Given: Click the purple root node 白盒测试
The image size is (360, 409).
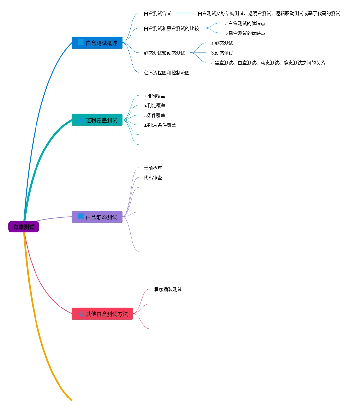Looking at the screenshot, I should tap(24, 227).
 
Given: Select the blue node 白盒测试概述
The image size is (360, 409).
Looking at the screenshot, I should tap(97, 43).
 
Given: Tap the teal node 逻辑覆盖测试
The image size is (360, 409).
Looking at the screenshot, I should tap(97, 120).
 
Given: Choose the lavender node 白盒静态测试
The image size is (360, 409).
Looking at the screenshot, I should tap(97, 217).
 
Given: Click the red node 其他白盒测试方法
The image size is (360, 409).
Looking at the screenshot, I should tap(102, 314).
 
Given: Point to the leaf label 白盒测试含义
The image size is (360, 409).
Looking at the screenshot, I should tap(157, 13).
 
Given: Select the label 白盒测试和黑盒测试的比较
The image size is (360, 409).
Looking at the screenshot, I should tap(171, 28).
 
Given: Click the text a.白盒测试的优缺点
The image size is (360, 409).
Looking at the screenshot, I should tap(245, 23).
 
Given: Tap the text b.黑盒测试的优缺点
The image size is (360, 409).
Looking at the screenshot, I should tap(245, 33).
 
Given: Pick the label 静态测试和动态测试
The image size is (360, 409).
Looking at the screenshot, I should tap(164, 53).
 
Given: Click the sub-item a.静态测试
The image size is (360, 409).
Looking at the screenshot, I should tap(222, 43).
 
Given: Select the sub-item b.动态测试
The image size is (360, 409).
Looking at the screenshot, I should tap(222, 53).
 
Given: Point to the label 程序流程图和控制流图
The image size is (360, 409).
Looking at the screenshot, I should tap(167, 73).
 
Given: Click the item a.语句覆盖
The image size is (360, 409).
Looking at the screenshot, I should tap(154, 96).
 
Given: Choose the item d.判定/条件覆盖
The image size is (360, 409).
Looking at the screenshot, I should tap(159, 125).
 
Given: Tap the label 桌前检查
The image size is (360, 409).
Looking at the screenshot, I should tap(153, 168).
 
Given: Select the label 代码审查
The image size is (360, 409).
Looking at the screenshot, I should tap(153, 178).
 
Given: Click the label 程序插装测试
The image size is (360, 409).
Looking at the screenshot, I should tap(168, 289).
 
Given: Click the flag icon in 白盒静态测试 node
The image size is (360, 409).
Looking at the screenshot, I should tap(81, 216).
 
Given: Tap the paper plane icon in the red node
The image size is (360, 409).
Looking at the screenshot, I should tap(81, 314).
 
